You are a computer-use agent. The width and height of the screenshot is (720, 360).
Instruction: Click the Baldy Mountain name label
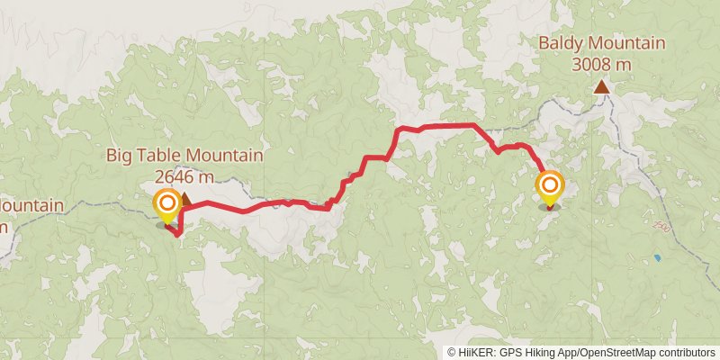(601, 43)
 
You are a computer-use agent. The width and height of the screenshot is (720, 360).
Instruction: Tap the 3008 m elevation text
(601, 64)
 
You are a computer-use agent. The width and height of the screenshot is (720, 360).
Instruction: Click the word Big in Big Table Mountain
(121, 156)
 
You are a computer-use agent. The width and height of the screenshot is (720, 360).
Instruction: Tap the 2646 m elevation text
(184, 175)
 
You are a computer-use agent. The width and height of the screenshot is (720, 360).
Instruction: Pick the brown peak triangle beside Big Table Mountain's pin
(186, 198)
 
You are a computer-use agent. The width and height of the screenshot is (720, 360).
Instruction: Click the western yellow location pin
(167, 205)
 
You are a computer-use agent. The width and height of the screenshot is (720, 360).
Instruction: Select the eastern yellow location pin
(549, 189)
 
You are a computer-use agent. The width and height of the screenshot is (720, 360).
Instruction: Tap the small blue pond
(657, 258)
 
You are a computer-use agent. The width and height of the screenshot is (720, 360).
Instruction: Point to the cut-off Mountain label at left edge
(31, 206)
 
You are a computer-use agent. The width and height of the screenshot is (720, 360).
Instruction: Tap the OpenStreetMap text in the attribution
(617, 352)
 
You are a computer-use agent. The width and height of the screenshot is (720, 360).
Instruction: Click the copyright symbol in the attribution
(452, 352)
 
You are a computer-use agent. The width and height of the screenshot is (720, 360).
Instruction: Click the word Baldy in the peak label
(558, 43)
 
